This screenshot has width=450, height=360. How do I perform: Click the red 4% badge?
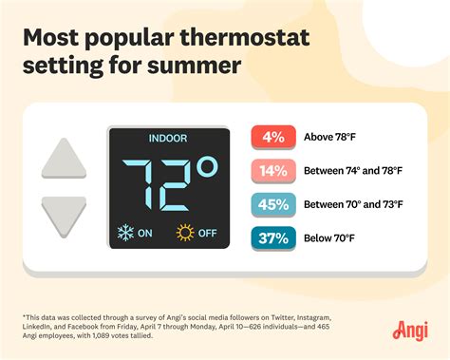(273, 136)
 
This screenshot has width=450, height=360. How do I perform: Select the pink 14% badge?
(273, 170)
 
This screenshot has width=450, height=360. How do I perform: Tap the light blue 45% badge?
(273, 204)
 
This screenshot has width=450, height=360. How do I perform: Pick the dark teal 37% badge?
(273, 238)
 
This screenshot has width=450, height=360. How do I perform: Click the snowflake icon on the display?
(124, 232)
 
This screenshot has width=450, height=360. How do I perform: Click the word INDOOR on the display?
(168, 139)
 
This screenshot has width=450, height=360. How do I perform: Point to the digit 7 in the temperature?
(140, 184)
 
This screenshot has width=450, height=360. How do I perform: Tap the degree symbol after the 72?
(208, 168)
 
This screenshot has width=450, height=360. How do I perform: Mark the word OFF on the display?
(207, 232)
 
